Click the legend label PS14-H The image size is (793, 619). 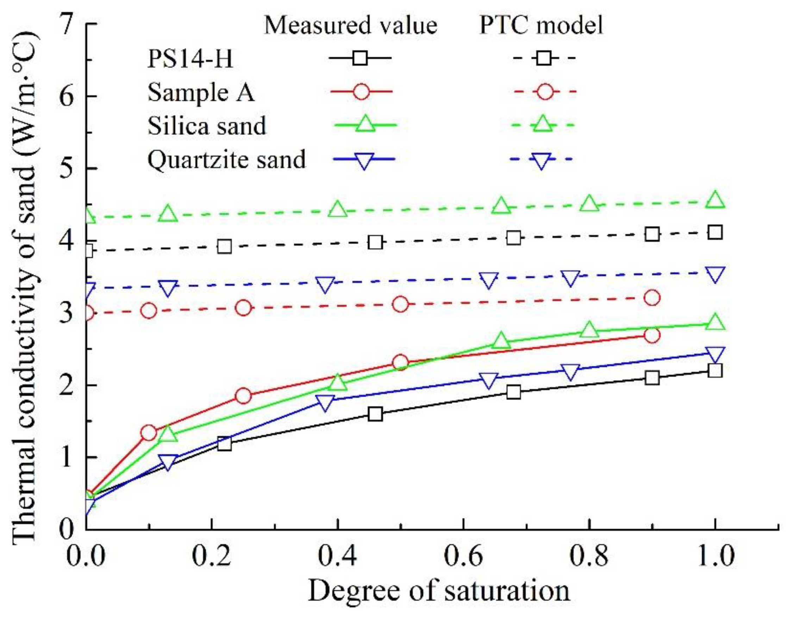click(190, 59)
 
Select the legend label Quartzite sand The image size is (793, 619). click(226, 160)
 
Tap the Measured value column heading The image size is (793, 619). click(350, 25)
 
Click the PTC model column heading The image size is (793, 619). click(541, 25)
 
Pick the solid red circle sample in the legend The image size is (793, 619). click(362, 92)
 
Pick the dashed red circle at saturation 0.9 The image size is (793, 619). click(652, 298)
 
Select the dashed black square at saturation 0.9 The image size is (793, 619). click(652, 234)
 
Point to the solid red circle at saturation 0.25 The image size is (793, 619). click(243, 396)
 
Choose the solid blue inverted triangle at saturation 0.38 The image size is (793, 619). click(325, 402)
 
